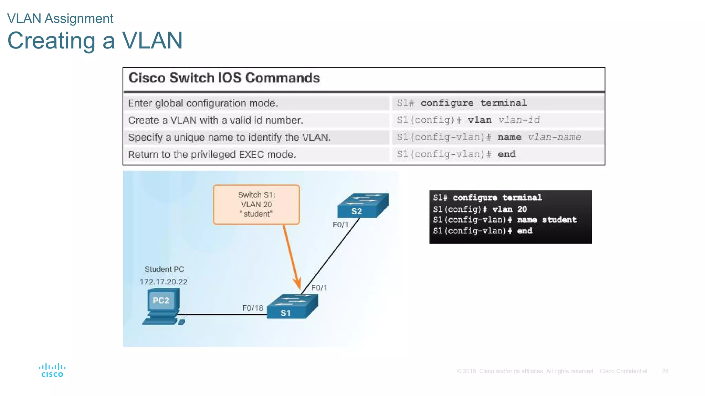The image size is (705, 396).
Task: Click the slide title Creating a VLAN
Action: (x=95, y=41)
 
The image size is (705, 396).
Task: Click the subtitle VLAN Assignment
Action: (x=60, y=19)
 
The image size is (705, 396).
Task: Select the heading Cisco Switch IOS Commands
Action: (x=224, y=78)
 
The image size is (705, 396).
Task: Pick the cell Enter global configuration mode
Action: (x=203, y=103)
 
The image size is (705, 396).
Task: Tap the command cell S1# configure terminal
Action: (x=462, y=103)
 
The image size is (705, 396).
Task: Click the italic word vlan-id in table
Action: (x=519, y=120)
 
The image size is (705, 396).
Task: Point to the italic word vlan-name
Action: (x=554, y=137)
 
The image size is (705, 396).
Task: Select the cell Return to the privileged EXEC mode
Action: (x=212, y=154)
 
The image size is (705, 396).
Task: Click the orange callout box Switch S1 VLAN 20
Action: (x=256, y=205)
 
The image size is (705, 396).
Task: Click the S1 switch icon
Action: (x=292, y=307)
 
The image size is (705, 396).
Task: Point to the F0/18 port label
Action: (x=253, y=308)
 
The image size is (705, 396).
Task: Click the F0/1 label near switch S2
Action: (x=340, y=225)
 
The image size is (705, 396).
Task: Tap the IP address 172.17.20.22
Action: (x=163, y=282)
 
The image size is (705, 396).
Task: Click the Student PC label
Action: (x=164, y=269)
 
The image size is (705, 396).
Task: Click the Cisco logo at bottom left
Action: (x=52, y=371)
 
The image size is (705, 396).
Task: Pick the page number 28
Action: (x=665, y=371)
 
